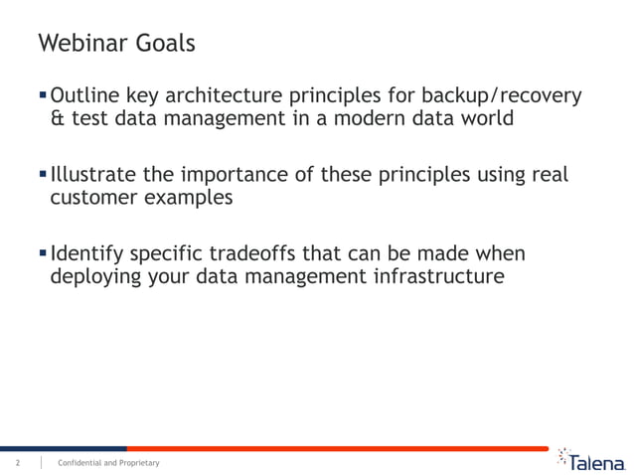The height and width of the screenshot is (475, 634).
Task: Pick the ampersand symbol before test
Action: coord(58,119)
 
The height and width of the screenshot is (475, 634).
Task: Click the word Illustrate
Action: coord(93,175)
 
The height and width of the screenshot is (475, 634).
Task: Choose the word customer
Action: coord(91,198)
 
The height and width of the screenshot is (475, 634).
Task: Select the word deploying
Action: coord(94,276)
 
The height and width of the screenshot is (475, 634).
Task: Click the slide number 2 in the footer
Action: coord(17,463)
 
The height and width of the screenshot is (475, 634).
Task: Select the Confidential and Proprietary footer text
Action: coord(108,463)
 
